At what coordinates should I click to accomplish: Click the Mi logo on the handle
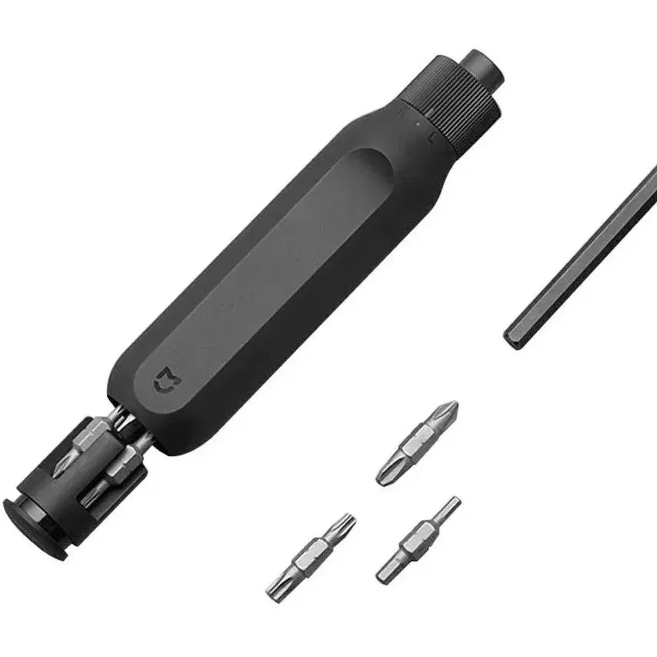(165, 379)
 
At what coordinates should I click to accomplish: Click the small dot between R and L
(416, 123)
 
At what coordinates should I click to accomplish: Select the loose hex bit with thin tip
(418, 539)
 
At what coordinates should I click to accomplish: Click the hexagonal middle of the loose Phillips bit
(415, 444)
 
